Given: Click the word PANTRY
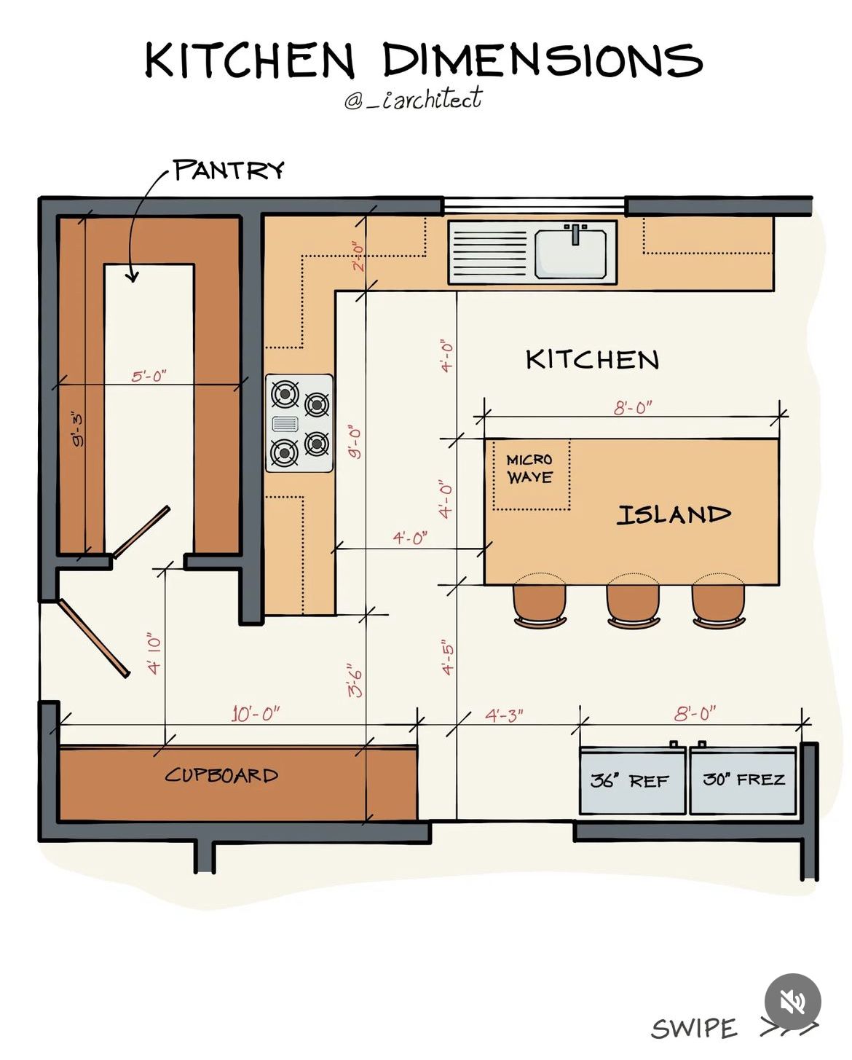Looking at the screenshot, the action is pos(229,170).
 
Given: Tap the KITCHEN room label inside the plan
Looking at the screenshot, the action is pos(592,360).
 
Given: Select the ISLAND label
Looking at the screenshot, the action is pos(674,515).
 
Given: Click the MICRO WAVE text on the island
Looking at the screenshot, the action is pos(530,469).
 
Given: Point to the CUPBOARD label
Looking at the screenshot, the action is pos(221,776).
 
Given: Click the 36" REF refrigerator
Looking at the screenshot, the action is pos(632,780).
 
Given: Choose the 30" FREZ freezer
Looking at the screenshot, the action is pos(743,780).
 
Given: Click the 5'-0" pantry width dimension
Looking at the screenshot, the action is pos(149,377).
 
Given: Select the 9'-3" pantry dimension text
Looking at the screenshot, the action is pos(77,428).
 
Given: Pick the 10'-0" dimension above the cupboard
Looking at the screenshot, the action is pos(256,714).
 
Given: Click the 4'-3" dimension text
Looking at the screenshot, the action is pos(504,715).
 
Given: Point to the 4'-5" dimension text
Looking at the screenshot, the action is pos(447,657).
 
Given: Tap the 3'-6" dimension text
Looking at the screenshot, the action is pos(355,680).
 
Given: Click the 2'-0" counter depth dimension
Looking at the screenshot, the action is pos(358,256).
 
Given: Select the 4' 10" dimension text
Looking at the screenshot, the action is pos(154,653).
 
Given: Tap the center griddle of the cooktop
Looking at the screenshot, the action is pos(285,423).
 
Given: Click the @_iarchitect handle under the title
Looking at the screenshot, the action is pos(413,98).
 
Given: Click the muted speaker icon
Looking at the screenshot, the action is pos(792,1002).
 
